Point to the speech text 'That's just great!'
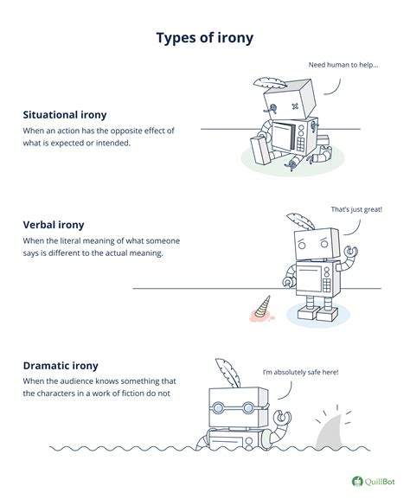pos(356,209)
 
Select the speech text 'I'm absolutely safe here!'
pos(301,372)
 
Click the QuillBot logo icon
pos(356,481)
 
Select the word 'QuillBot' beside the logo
pos(381,481)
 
